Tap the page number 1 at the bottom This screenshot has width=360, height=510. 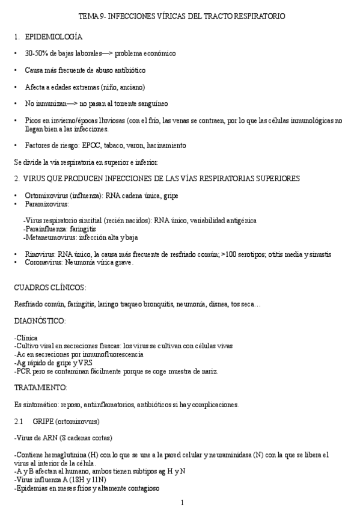(182, 502)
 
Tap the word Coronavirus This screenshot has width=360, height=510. (44, 262)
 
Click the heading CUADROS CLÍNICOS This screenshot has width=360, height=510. (50, 287)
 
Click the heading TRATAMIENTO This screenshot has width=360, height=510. (41, 387)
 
